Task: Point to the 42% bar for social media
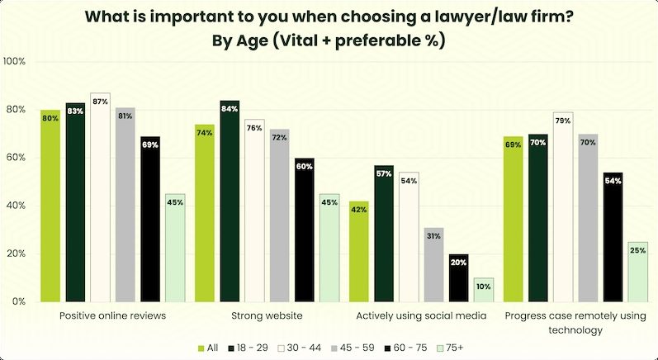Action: (359, 251)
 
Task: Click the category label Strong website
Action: (267, 315)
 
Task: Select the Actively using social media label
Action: (420, 315)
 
